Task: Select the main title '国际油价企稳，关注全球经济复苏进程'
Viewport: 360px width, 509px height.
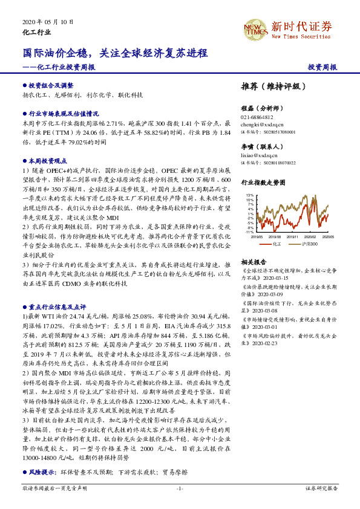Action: click(112, 53)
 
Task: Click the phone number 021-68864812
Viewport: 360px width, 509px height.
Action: click(257, 117)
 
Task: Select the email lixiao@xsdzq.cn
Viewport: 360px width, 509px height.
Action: click(259, 155)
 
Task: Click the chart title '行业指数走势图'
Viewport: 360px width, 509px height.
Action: click(263, 181)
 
